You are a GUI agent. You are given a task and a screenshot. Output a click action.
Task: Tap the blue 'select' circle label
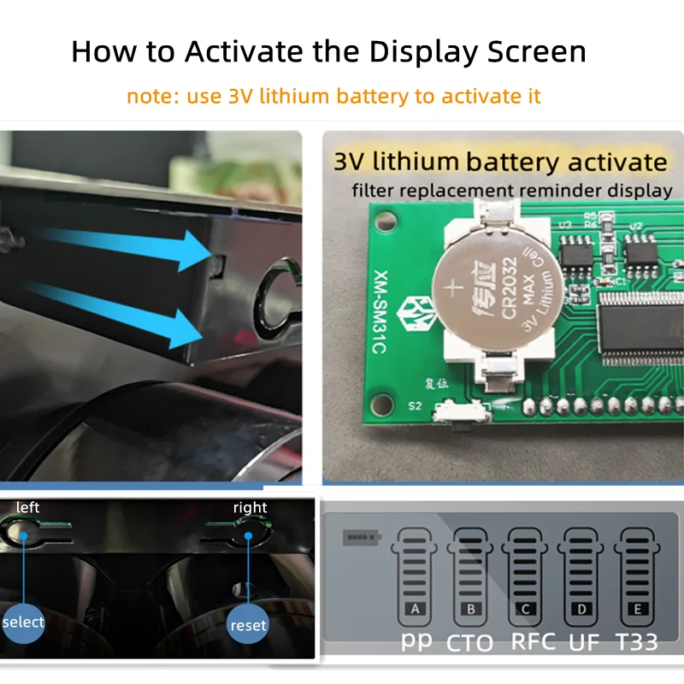23,622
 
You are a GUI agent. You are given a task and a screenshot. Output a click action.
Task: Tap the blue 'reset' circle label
248,625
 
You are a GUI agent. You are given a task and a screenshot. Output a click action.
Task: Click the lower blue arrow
120,317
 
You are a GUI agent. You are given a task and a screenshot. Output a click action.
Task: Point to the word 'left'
27,508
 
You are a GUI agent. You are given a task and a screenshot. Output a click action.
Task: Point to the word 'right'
250,508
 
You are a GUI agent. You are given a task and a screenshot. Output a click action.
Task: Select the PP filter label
416,641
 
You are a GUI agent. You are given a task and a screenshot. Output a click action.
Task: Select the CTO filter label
469,641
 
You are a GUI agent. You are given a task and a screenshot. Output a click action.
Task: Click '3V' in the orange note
244,95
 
